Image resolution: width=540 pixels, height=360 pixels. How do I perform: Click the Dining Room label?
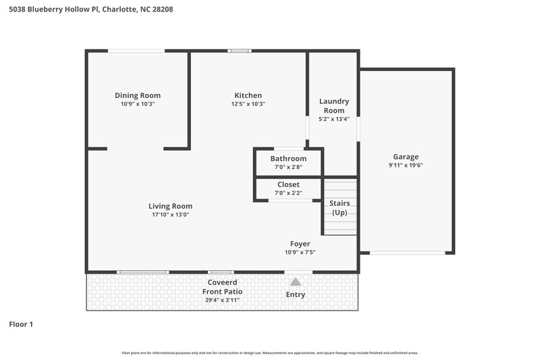[x=138, y=95]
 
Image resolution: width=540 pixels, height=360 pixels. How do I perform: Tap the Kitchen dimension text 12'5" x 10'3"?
[x=248, y=104]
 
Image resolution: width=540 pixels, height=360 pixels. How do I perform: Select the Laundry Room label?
[x=333, y=105]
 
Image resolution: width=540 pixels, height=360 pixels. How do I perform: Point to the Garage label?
[x=406, y=156]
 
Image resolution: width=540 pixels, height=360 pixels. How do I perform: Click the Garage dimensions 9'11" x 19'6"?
[x=406, y=165]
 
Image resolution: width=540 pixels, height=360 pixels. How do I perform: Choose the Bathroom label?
[x=288, y=159]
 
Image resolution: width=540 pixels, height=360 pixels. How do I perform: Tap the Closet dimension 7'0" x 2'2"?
[x=288, y=192]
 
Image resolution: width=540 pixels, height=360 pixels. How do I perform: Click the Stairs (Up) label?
[x=339, y=207]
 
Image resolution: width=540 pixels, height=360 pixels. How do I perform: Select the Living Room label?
[x=170, y=206]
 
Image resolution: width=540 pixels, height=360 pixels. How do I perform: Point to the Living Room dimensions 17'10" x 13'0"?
[x=170, y=215]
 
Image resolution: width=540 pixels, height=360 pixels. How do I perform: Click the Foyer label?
[x=300, y=243]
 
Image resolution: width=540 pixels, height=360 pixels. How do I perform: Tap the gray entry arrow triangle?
[x=295, y=282]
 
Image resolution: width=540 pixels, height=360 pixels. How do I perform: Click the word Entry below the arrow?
[x=296, y=294]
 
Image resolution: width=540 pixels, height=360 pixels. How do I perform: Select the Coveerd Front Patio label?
[x=223, y=287]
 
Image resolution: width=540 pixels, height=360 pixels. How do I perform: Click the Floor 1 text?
[x=21, y=324]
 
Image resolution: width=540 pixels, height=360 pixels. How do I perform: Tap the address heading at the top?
[x=90, y=9]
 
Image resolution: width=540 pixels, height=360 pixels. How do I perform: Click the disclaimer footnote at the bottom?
[x=269, y=353]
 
